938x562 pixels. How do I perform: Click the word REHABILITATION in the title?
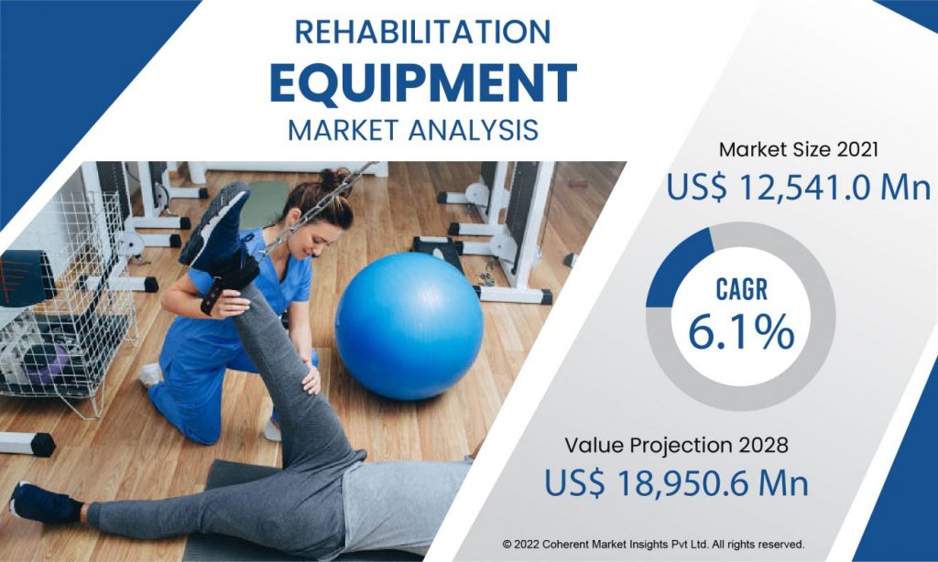pyautogui.click(x=422, y=32)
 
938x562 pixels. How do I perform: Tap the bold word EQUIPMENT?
pyautogui.click(x=423, y=83)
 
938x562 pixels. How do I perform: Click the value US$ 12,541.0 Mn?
pyautogui.click(x=799, y=188)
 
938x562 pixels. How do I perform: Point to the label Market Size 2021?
pyautogui.click(x=799, y=149)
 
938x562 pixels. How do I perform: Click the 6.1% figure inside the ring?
pyautogui.click(x=741, y=332)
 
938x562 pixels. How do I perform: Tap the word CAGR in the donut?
pyautogui.click(x=741, y=290)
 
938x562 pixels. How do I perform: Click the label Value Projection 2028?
pyautogui.click(x=676, y=446)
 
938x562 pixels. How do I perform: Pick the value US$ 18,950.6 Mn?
pyautogui.click(x=676, y=483)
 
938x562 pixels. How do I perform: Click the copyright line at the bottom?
pyautogui.click(x=653, y=545)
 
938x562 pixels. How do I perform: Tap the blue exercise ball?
pyautogui.click(x=409, y=326)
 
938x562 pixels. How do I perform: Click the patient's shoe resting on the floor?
pyautogui.click(x=45, y=504)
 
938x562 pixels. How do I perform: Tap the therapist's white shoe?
pyautogui.click(x=150, y=374)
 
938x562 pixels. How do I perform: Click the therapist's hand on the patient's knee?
pyautogui.click(x=311, y=380)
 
